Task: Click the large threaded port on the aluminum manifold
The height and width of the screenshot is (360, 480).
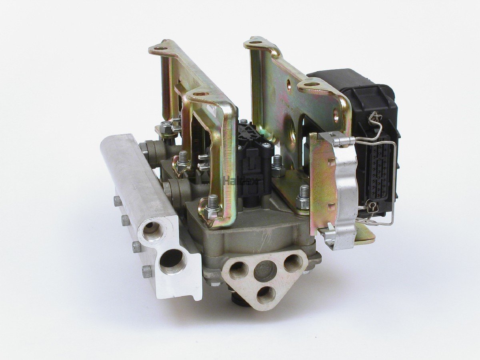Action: pos(172,262)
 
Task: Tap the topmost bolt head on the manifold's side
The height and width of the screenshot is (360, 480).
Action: pos(117,201)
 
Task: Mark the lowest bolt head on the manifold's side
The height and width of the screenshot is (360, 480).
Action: pos(147,272)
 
